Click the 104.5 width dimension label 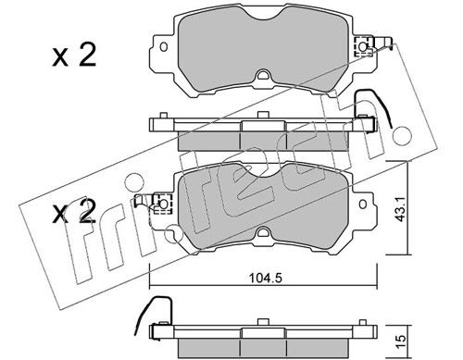pyautogui.click(x=266, y=279)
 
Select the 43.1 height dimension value pyautogui.click(x=401, y=210)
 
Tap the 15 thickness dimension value pyautogui.click(x=401, y=341)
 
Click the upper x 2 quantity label pyautogui.click(x=74, y=55)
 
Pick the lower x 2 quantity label pyautogui.click(x=73, y=211)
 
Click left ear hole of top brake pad pyautogui.click(x=164, y=47)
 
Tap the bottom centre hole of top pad pyautogui.click(x=262, y=75)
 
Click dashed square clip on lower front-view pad pyautogui.click(x=163, y=204)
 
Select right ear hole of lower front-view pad pyautogui.click(x=363, y=204)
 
